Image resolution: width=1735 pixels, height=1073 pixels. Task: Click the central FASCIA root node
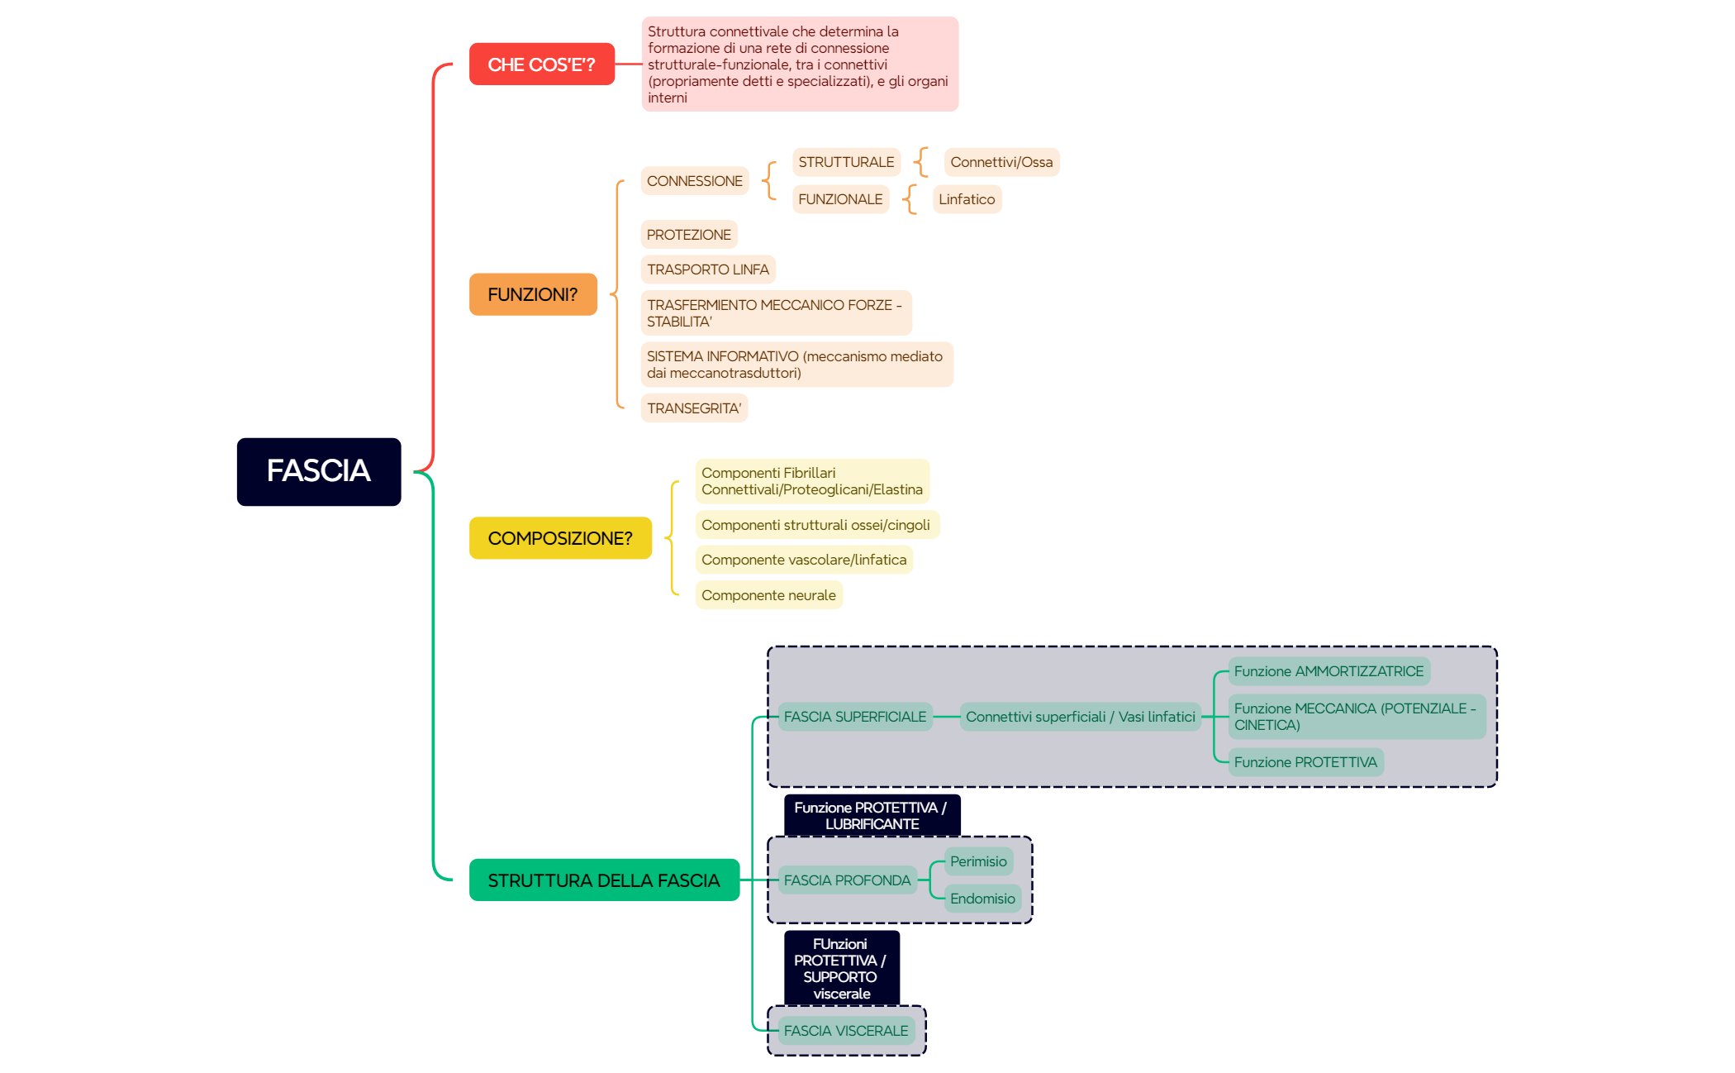[318, 471]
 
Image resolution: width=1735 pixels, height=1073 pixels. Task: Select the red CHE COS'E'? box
[541, 64]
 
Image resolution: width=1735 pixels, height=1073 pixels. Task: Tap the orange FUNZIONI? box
[533, 294]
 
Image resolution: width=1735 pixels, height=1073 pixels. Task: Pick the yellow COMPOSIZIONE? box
[560, 538]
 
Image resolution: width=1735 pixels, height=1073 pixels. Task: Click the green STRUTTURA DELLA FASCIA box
[604, 880]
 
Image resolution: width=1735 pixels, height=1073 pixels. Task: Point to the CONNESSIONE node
[694, 181]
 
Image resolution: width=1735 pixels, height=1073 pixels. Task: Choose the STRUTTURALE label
[846, 162]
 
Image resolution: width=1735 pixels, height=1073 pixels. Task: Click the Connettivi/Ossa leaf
[1001, 162]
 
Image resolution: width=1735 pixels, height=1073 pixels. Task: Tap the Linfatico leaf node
[967, 199]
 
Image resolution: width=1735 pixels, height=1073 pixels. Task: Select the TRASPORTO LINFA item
[708, 269]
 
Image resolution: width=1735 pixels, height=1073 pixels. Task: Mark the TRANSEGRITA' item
[694, 408]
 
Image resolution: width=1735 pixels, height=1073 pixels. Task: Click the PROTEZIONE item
[688, 235]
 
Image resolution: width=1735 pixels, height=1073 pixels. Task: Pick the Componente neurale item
[768, 595]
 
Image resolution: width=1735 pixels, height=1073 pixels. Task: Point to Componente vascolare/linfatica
[804, 560]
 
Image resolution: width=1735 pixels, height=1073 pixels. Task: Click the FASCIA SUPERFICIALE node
[855, 717]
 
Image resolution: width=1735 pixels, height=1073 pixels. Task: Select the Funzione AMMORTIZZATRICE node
[1329, 671]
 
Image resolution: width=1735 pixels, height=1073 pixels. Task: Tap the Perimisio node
[978, 861]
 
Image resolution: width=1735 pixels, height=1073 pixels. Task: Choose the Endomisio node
[982, 899]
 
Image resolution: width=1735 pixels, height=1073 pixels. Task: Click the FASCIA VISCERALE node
[846, 1031]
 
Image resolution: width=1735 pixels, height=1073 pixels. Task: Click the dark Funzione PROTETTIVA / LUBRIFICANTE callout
[872, 816]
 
